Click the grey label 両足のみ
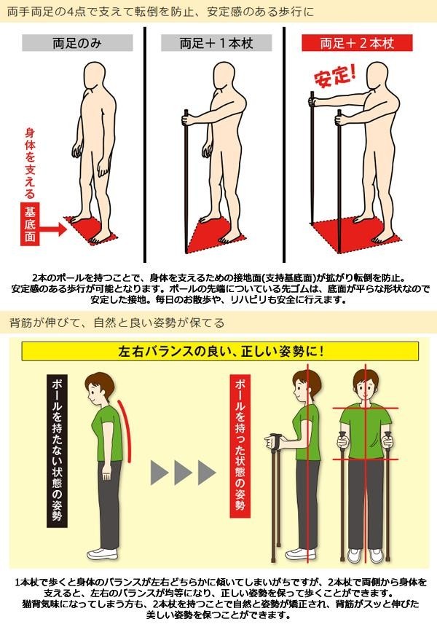77,43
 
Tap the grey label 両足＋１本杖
216,43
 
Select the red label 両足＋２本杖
357,43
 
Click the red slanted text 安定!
334,75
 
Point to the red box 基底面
30,224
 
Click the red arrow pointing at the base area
52,229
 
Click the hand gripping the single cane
187,120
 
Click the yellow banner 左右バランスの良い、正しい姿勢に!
220,352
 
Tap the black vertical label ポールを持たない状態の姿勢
57,451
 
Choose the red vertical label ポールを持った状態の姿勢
240,446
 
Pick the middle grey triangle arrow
183,473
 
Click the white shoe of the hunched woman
103,554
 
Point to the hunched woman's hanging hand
106,473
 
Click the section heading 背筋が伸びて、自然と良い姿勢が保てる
117,323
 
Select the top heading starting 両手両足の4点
161,11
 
